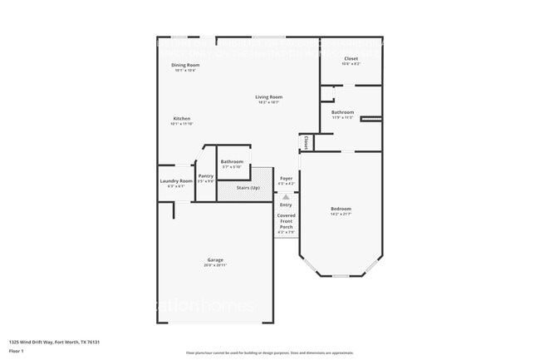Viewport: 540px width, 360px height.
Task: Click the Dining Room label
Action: click(x=185, y=65)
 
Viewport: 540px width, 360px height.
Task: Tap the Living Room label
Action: click(x=268, y=97)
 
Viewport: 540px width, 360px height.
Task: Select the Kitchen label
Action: click(x=181, y=118)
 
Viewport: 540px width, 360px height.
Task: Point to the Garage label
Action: click(x=214, y=259)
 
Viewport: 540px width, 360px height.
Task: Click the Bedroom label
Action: click(x=341, y=209)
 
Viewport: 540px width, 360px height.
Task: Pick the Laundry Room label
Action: click(x=176, y=180)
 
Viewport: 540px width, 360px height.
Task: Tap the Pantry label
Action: click(x=205, y=176)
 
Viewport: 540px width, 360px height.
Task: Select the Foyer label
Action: click(x=286, y=178)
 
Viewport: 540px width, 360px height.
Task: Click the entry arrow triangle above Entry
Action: click(x=286, y=197)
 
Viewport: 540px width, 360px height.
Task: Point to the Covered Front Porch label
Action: click(x=286, y=220)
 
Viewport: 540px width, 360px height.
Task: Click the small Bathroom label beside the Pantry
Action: click(x=232, y=161)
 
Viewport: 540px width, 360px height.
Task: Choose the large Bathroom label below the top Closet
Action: click(x=342, y=112)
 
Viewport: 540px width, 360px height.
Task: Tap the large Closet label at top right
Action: click(x=351, y=58)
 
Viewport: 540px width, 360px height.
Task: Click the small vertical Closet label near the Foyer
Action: click(x=307, y=142)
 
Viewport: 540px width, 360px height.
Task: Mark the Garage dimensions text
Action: click(x=214, y=265)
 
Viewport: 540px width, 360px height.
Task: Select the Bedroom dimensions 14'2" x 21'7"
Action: click(x=341, y=215)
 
